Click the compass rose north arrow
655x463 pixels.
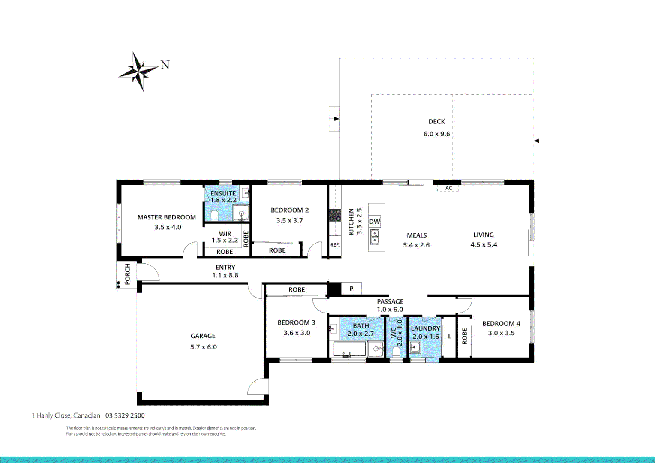139,72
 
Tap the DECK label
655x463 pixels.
436,122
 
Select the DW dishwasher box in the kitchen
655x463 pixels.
374,222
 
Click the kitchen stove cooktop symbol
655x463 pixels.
335,215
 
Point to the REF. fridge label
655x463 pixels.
335,245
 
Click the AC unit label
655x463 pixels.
448,188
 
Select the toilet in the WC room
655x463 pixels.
396,352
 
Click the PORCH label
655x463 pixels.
127,274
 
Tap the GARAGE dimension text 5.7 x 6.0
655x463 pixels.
204,347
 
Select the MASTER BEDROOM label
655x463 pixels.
167,217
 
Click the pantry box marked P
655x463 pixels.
352,289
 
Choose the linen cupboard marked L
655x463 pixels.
449,336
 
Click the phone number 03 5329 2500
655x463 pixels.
125,415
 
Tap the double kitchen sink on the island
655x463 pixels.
374,237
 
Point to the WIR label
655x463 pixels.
225,234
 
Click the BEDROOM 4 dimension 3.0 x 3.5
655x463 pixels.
501,333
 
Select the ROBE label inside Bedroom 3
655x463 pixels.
297,290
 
